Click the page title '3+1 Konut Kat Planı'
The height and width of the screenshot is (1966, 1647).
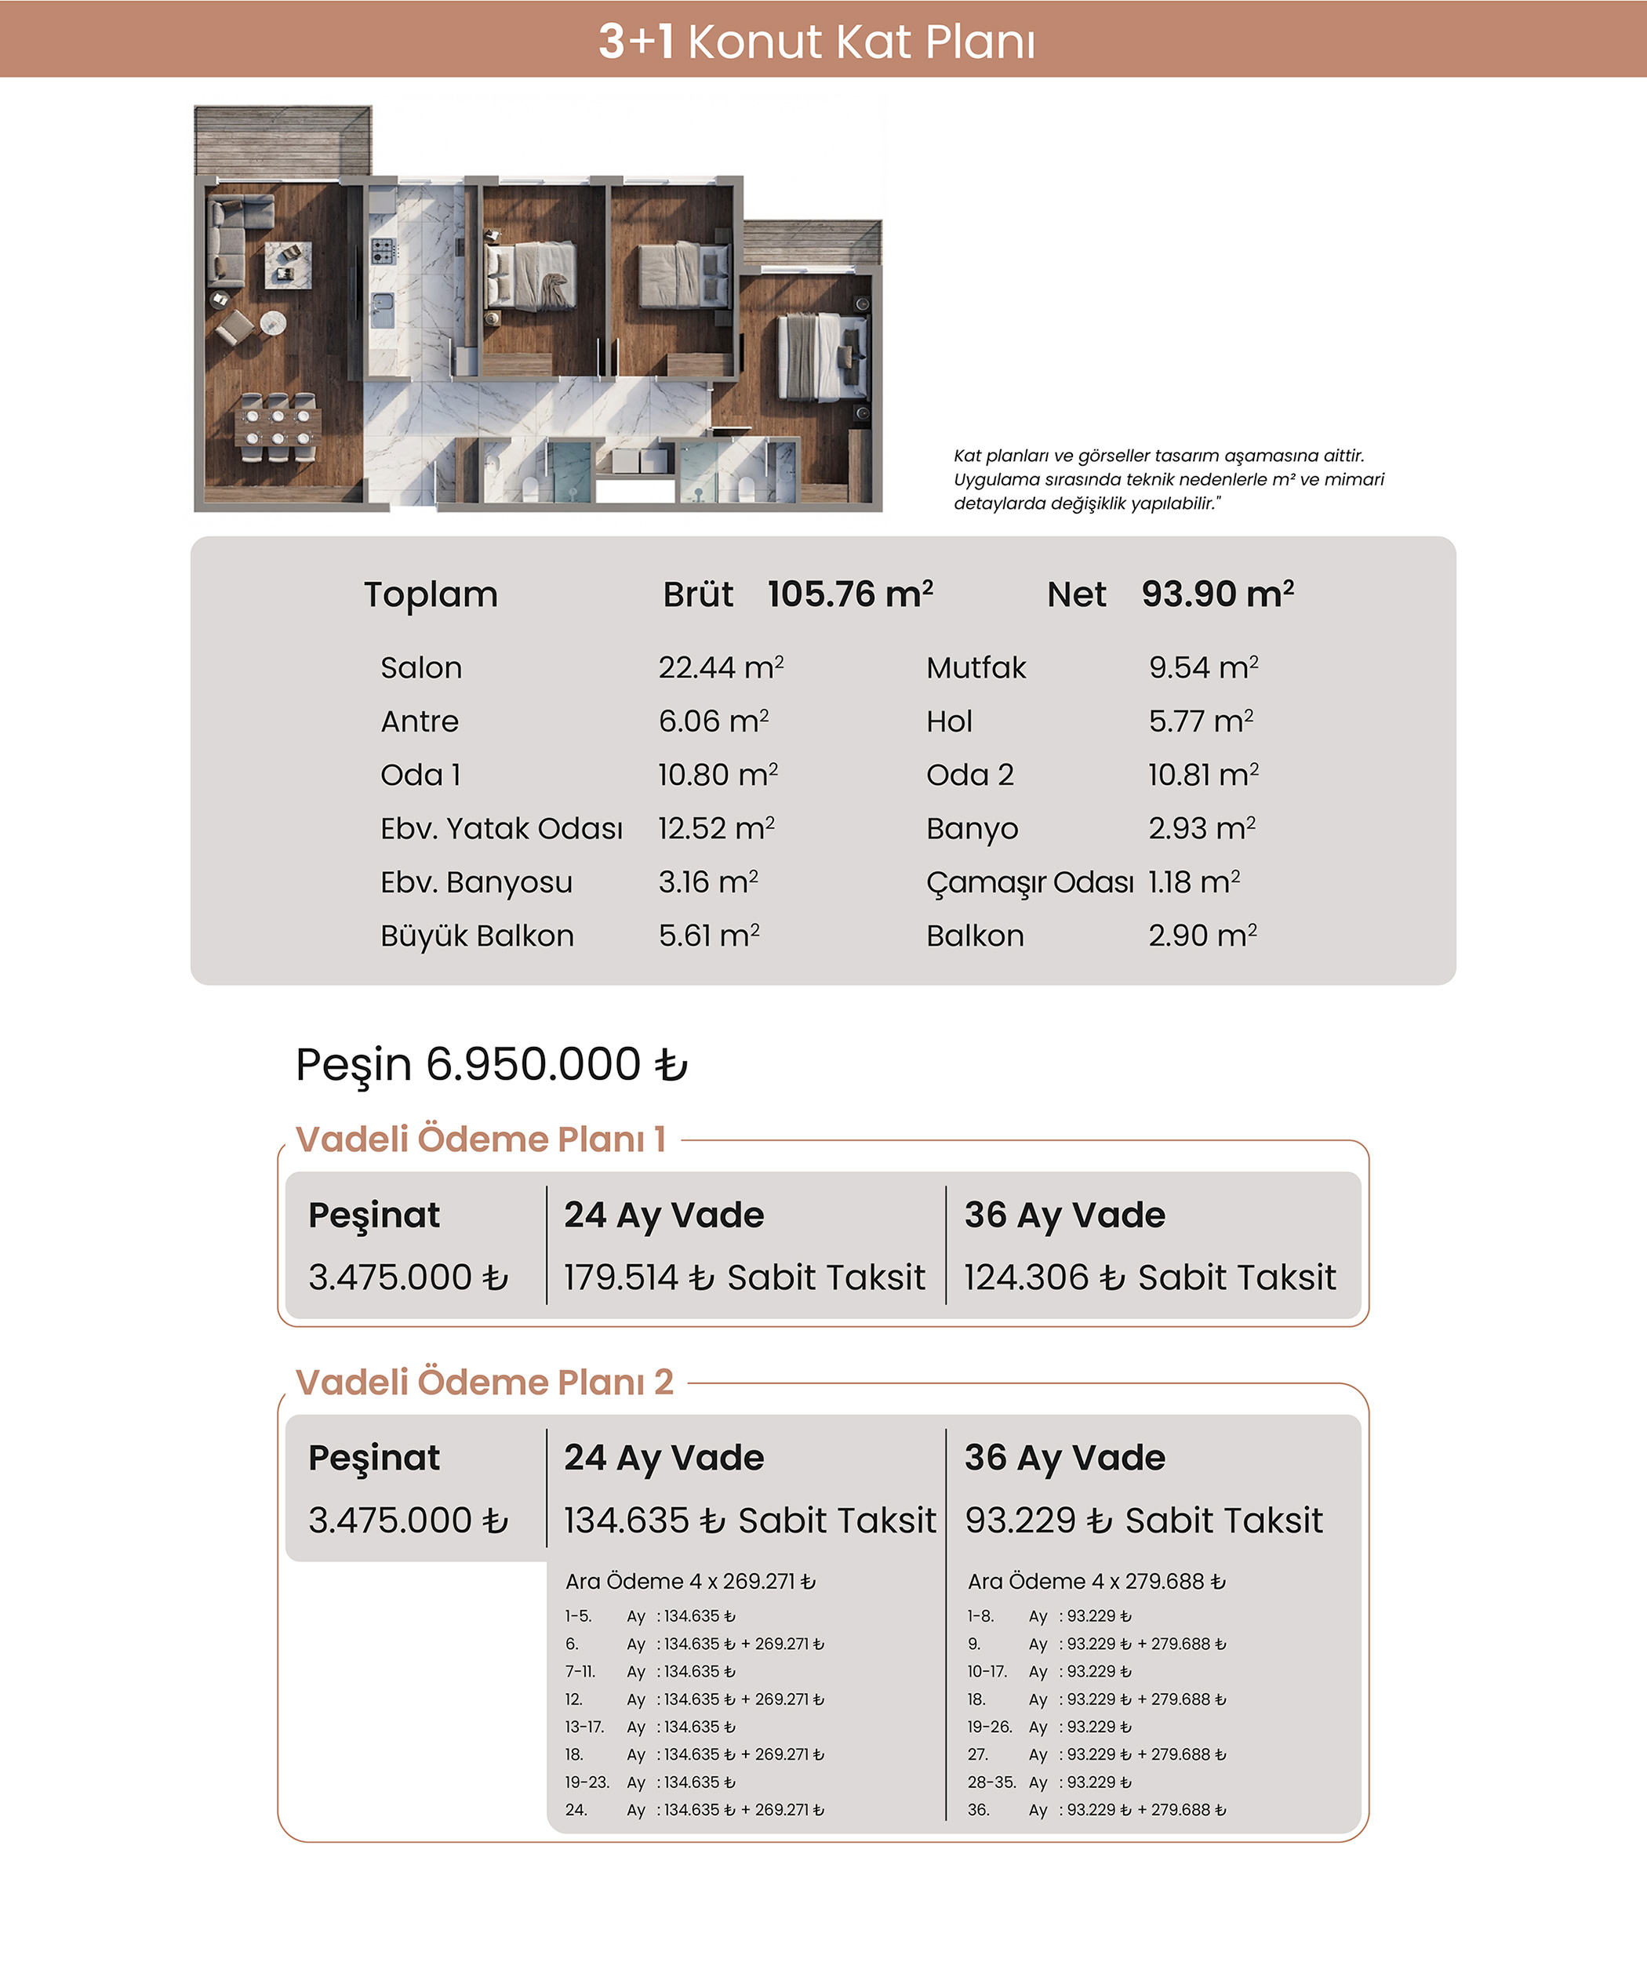tap(816, 42)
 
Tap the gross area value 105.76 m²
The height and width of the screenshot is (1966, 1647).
tap(850, 594)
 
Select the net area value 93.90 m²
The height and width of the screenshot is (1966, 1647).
tap(1217, 594)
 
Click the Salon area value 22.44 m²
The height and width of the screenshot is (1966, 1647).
tap(720, 667)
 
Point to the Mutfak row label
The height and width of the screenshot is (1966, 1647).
tap(976, 667)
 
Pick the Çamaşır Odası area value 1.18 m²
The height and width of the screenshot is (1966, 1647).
tap(1194, 882)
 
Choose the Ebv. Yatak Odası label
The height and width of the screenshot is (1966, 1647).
tap(501, 829)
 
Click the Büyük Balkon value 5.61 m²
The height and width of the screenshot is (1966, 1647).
tap(709, 936)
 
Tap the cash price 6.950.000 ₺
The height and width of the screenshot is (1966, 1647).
tap(556, 1064)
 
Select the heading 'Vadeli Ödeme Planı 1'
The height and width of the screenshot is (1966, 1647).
tap(480, 1139)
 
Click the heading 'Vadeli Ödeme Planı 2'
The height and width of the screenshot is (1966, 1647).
tap(484, 1382)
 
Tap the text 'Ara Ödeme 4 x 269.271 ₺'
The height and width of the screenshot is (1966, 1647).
tap(690, 1581)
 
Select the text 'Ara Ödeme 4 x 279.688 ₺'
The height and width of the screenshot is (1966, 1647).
tap(1096, 1581)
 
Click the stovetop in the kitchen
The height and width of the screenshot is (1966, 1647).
tap(383, 250)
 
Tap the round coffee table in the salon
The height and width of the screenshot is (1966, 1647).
tap(272, 323)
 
